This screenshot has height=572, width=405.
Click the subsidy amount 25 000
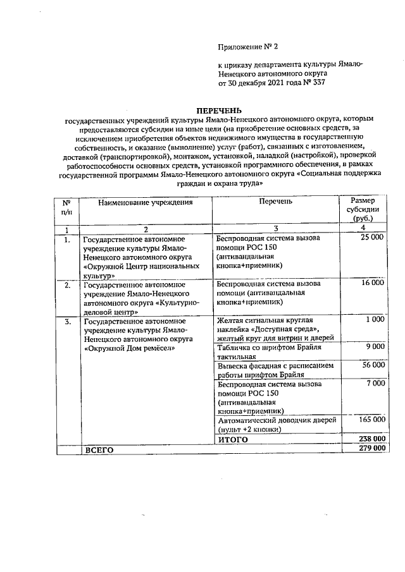[372, 237]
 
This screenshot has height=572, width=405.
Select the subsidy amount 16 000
[372, 283]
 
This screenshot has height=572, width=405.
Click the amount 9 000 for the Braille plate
[375, 347]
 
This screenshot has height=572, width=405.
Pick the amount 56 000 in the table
[372, 365]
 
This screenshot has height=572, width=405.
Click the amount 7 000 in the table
[375, 384]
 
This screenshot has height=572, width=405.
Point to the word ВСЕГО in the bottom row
[99, 449]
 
